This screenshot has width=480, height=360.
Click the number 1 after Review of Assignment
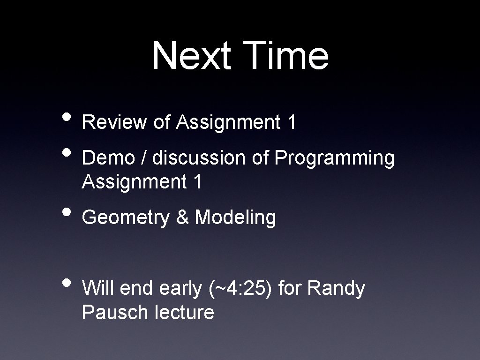[x=292, y=122]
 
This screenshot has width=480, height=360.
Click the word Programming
[x=334, y=159]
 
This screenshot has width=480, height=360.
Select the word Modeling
[x=235, y=218]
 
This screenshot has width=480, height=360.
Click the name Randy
[x=336, y=289]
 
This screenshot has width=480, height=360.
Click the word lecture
[x=184, y=312]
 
